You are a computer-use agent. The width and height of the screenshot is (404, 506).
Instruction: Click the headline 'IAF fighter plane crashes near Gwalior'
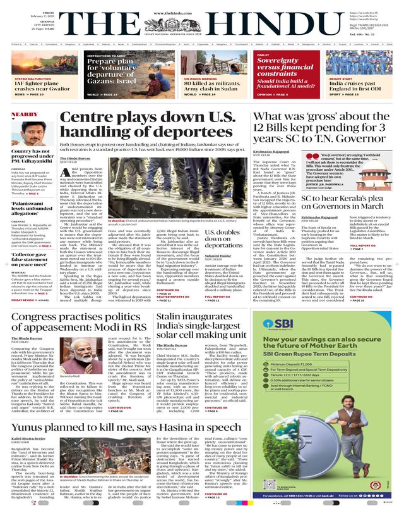click(38, 85)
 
